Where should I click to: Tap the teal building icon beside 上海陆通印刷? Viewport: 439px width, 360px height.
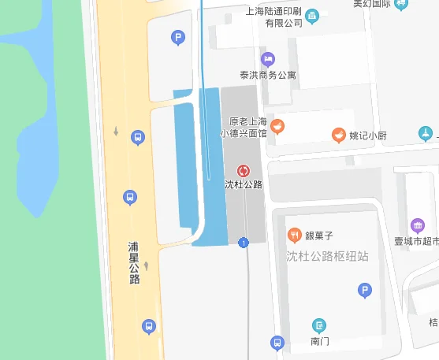pos(312,15)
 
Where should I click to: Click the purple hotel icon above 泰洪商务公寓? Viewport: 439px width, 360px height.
pos(268,58)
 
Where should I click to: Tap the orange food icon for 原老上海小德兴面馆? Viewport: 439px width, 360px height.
pos(277,126)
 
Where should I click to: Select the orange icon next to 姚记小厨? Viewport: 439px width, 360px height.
pos(338,135)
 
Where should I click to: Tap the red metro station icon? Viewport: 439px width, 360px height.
pos(243,170)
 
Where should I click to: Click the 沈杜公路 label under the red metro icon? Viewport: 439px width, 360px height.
pos(243,185)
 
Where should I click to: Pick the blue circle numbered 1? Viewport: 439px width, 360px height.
pos(244,242)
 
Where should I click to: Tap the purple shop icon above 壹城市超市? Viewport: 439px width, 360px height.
pos(417,225)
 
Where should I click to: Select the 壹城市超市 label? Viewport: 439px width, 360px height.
pos(416,241)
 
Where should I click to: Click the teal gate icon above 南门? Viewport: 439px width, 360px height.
pos(318,325)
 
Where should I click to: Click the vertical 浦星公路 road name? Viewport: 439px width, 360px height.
pos(134,262)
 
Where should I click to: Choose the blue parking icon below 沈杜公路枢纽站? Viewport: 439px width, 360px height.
pos(364,291)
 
